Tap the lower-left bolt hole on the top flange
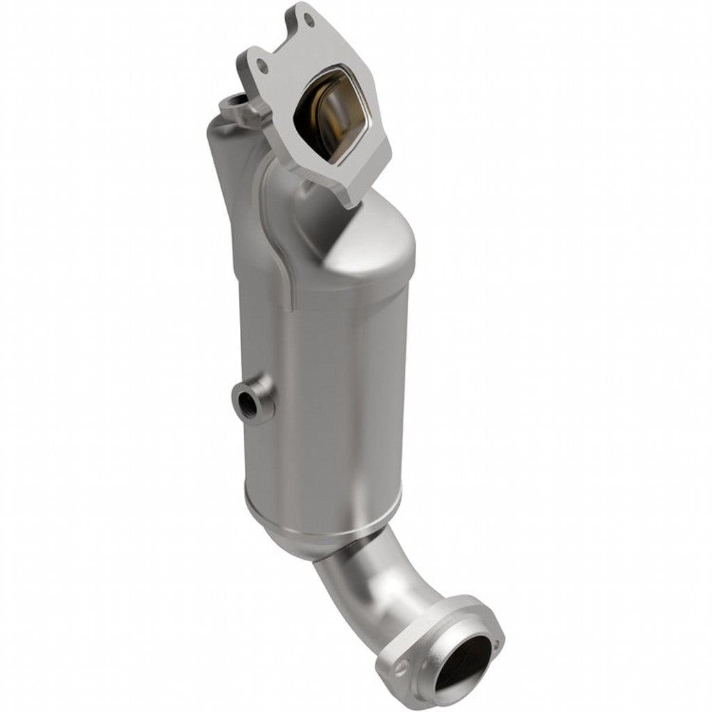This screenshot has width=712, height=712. tap(262, 66)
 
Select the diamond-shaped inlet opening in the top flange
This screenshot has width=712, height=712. tap(337, 115)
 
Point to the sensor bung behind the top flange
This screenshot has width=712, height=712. tap(234, 108)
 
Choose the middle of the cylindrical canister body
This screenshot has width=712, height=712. tap(327, 389)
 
